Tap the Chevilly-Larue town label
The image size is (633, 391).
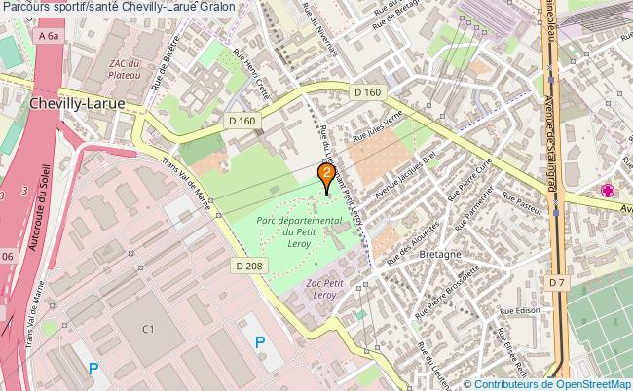tap(75, 101)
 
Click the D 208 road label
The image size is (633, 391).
tap(247, 265)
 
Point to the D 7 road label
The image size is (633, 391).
tap(556, 282)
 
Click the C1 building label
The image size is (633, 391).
tap(148, 328)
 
